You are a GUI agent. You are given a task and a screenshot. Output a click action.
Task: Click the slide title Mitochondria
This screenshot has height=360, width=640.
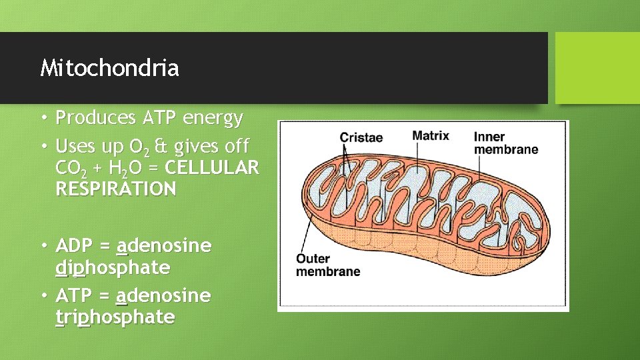[109, 68]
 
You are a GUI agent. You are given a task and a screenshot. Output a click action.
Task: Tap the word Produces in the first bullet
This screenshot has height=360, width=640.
[96, 118]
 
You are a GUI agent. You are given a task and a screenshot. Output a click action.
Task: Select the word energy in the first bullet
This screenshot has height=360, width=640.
[213, 118]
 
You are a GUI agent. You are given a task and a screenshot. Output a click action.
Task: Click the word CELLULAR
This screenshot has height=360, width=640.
[211, 167]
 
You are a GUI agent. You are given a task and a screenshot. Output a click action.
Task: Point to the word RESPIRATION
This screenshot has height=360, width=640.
[116, 189]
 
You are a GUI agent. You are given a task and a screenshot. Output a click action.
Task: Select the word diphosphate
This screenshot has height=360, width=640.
[113, 268]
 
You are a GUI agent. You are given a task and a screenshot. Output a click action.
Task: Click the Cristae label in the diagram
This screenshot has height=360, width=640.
[361, 138]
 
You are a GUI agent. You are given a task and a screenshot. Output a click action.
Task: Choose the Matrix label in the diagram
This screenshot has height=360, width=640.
[431, 136]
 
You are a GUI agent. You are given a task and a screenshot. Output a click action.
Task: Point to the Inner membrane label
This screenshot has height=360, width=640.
[505, 143]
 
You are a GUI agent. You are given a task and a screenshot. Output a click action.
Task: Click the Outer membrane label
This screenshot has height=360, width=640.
[328, 265]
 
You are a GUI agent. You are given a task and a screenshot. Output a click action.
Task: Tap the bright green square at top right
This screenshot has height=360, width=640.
[597, 68]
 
